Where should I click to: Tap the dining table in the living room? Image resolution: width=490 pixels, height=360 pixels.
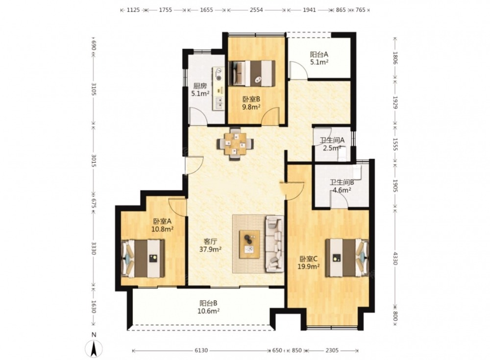tap(235, 144)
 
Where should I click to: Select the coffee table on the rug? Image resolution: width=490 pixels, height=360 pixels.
tap(249, 244)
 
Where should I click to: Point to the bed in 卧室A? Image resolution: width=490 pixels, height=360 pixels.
tap(143, 259)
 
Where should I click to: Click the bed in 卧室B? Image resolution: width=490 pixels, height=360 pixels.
tap(252, 73)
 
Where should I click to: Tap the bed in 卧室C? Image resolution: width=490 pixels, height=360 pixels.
tap(347, 258)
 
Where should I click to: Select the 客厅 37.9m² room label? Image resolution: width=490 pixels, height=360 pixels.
tap(210, 245)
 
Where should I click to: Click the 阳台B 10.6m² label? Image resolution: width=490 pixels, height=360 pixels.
tap(208, 307)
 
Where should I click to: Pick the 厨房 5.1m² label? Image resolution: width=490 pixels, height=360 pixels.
tap(200, 89)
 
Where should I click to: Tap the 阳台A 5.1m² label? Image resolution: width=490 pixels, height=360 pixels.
tap(319, 58)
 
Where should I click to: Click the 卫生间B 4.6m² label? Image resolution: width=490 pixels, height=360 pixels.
tap(342, 186)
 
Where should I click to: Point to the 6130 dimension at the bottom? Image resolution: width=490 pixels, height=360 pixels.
tap(201, 350)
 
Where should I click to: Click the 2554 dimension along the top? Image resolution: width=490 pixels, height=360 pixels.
tap(256, 10)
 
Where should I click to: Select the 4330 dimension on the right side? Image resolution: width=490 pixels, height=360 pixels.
tap(394, 258)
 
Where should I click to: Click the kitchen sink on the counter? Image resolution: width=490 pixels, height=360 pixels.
tap(219, 103)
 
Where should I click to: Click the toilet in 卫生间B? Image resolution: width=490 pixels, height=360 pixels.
tap(357, 172)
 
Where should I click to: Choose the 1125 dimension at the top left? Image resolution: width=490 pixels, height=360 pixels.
tap(133, 10)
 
